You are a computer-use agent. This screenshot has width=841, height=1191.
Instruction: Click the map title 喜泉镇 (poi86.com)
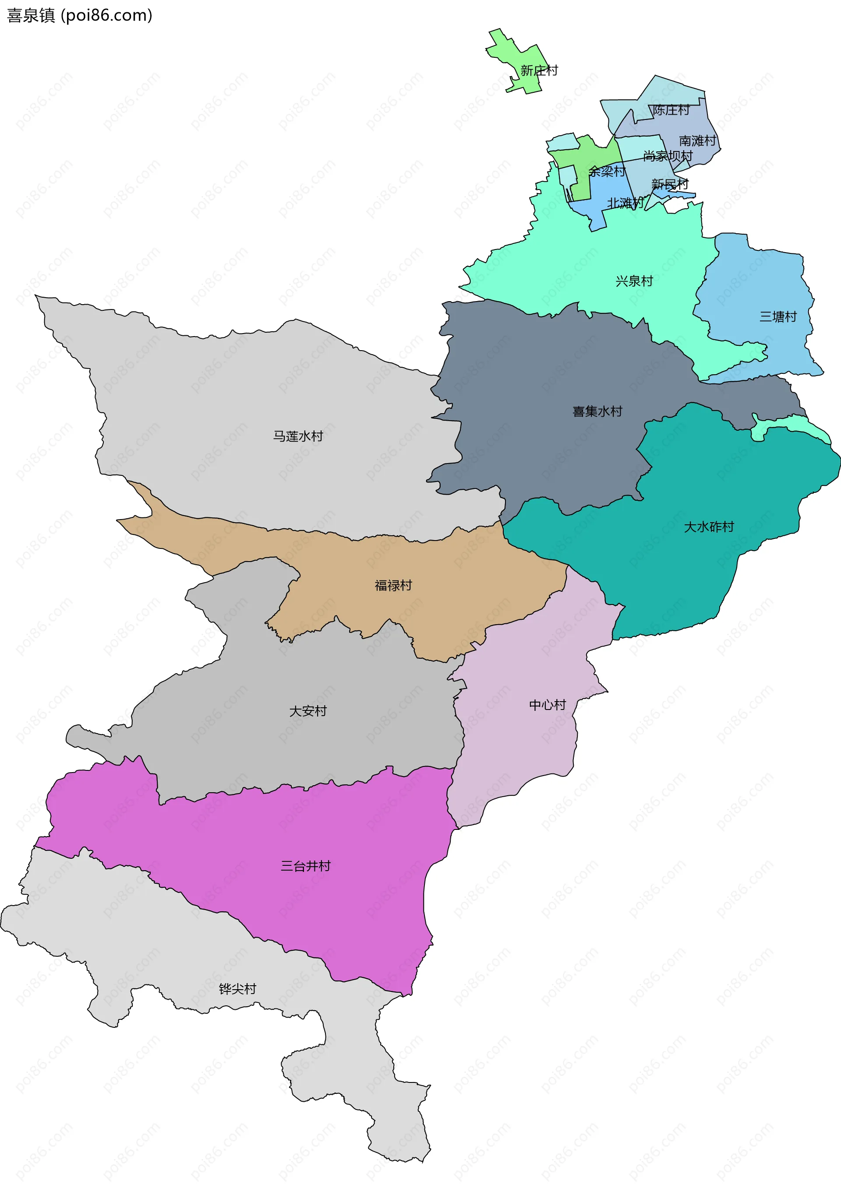[79, 16]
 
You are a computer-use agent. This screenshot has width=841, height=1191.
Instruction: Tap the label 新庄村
[539, 70]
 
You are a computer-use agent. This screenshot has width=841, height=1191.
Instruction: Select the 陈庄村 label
[671, 110]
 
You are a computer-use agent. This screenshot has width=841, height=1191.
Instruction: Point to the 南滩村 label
[697, 141]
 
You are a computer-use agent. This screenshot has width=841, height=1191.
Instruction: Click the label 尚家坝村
[668, 156]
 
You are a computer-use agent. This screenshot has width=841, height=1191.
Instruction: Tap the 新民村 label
[670, 184]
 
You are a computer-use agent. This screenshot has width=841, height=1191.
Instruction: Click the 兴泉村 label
[634, 281]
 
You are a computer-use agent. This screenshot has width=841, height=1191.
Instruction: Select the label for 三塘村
[777, 316]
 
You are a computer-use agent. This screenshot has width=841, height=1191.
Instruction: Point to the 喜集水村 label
[597, 411]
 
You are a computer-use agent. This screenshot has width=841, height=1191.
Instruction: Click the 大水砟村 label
[709, 527]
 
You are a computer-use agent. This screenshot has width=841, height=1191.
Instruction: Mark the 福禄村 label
[393, 586]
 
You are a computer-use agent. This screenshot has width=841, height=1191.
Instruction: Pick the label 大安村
[308, 711]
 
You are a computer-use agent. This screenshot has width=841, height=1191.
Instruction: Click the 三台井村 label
[305, 866]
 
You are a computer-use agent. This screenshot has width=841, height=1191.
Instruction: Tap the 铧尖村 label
[237, 989]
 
